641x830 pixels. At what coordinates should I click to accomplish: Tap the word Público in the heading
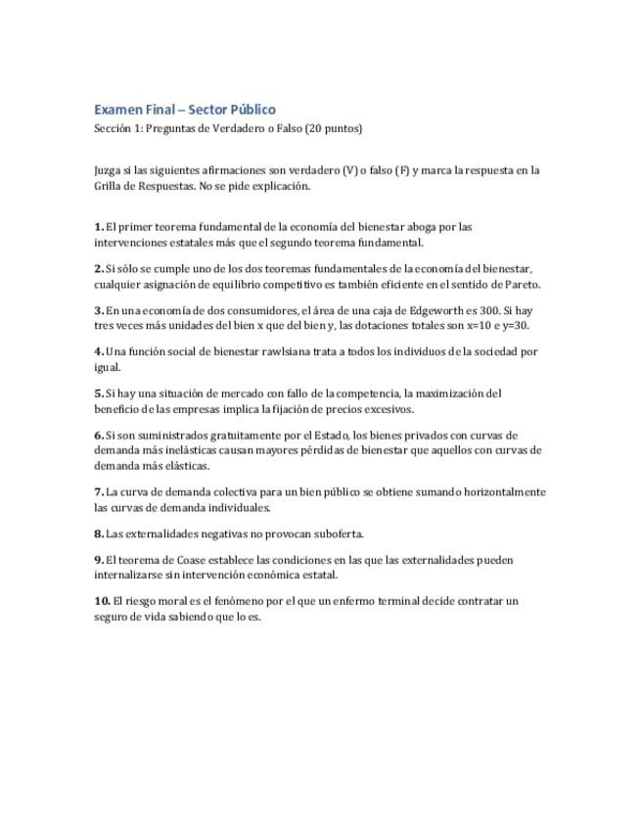click(251, 110)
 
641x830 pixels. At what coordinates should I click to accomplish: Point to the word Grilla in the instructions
click(109, 185)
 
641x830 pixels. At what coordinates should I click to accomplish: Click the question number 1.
click(99, 227)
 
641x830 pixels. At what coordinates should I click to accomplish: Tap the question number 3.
click(99, 310)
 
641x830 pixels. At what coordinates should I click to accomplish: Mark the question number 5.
click(99, 393)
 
